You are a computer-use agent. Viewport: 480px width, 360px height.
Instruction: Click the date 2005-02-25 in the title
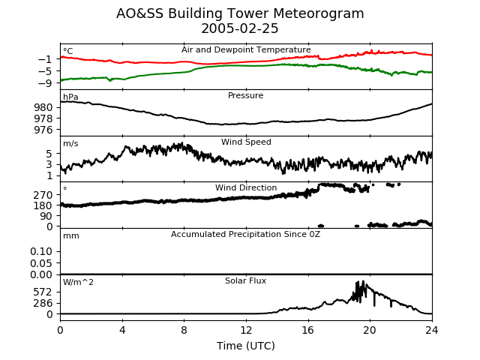pos(240,28)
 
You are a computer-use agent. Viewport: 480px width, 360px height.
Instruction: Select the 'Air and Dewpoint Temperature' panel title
pos(246,50)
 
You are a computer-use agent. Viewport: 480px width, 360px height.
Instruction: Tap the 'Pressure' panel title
pos(245,95)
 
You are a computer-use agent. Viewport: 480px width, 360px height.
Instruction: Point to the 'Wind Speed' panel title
pos(246,142)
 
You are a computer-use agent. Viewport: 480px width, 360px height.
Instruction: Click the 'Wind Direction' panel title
pos(246,187)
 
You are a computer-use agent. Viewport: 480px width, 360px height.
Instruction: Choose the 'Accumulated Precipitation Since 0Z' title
pos(245,235)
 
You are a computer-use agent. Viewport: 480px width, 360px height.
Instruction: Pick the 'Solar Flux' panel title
pos(245,280)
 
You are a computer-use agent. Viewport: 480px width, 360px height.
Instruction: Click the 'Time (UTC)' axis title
pos(246,346)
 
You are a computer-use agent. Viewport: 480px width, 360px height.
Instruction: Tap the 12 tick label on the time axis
pos(246,330)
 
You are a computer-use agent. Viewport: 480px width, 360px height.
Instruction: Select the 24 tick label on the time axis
pos(432,330)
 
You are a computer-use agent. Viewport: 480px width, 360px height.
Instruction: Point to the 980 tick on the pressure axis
pos(43,107)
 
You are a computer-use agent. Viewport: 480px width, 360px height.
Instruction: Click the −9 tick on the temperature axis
pos(45,83)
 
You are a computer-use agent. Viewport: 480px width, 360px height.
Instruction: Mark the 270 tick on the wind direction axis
pos(43,195)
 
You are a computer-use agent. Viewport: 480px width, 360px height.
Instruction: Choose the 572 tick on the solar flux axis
pos(43,292)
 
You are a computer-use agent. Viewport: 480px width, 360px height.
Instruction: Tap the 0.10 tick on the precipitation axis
pos(41,252)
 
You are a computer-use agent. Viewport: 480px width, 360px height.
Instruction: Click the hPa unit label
pos(70,97)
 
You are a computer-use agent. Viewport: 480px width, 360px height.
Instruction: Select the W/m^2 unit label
pos(78,282)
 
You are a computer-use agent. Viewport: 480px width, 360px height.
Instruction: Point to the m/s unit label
pos(70,143)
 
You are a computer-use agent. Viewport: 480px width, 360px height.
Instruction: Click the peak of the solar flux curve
pos(363,281)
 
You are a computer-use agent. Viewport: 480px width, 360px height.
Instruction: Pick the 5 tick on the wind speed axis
pos(49,154)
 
